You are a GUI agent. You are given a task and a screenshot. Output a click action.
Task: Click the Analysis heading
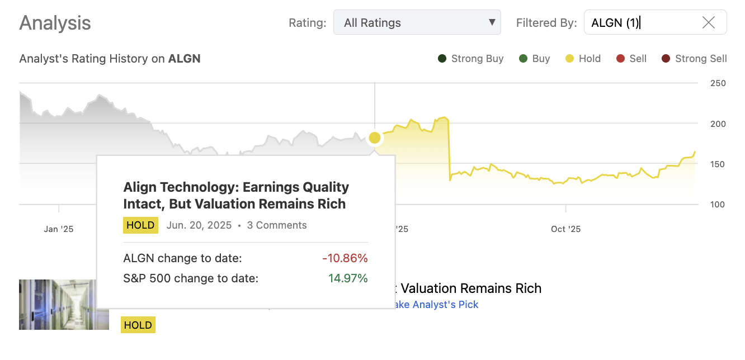pos(55,23)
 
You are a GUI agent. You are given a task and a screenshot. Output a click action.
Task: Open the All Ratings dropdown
pos(417,23)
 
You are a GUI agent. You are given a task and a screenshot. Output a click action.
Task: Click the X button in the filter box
pos(708,22)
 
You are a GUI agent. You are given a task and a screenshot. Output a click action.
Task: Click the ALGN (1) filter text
pos(615,23)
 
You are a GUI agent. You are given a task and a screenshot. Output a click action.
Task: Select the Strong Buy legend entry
pos(470,59)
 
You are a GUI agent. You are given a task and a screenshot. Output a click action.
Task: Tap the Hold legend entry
pos(583,59)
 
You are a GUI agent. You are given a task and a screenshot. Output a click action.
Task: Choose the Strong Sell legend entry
pos(694,59)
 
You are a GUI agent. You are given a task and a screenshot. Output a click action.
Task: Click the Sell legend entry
pos(631,59)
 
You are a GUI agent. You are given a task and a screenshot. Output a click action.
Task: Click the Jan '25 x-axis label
pos(59,229)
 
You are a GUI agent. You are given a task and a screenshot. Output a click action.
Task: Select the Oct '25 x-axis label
pos(565,229)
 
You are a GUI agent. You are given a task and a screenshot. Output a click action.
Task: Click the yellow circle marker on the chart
pos(375,138)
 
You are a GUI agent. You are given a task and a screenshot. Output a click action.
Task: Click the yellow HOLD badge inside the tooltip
pos(140,225)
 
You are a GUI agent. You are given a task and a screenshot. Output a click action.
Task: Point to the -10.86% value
pos(345,258)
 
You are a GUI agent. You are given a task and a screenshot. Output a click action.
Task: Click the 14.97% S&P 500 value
pos(348,278)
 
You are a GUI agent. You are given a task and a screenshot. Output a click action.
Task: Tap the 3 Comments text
pos(277,225)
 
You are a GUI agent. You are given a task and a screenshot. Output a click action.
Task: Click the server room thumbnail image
pos(64,304)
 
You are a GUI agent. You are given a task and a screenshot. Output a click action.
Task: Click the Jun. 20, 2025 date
pos(199,225)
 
